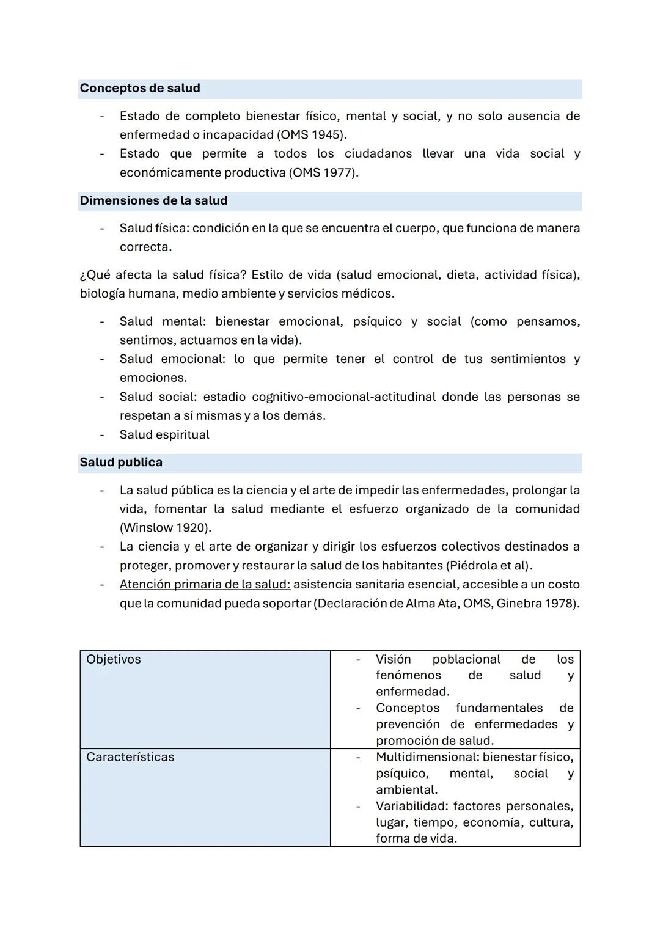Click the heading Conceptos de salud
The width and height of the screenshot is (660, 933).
point(140,89)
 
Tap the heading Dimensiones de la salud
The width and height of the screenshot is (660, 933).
point(153,201)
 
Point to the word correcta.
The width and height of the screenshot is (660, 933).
point(145,247)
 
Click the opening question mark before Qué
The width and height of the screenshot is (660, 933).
point(82,276)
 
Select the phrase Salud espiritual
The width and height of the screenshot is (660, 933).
point(164,435)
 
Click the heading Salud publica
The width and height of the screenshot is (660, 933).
point(121,463)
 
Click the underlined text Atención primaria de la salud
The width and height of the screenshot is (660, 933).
point(205,585)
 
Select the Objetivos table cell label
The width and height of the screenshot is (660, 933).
point(114,660)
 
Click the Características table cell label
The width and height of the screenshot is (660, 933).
point(130,758)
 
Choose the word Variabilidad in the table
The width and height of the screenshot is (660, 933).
point(411,807)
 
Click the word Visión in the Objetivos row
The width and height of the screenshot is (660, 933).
point(393,660)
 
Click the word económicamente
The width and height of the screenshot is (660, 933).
point(170,173)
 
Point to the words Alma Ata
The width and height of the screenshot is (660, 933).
point(431,604)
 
